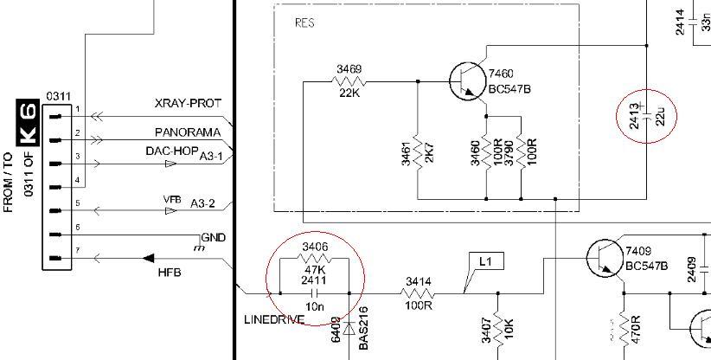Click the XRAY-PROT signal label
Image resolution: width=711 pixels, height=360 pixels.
187,102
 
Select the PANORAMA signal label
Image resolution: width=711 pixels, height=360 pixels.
187,132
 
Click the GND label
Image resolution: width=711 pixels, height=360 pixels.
213,237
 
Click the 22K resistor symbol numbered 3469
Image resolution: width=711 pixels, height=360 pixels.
350,81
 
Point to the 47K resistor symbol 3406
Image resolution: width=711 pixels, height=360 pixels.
315,258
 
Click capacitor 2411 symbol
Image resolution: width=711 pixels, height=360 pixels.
315,293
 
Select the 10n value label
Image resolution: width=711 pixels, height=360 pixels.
315,306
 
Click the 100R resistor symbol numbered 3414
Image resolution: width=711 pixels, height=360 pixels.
419,293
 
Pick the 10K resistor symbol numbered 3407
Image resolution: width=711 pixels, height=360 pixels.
497,326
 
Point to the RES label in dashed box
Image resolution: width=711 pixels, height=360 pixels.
305,23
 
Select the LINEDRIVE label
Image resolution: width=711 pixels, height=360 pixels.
273,320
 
